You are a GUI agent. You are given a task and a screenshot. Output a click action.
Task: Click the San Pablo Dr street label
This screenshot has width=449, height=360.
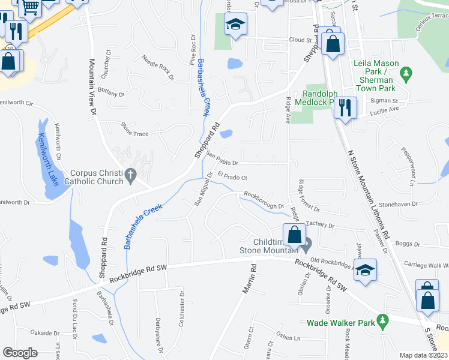[223, 158]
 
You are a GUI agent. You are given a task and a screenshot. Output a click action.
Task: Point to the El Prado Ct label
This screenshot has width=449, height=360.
[233, 176]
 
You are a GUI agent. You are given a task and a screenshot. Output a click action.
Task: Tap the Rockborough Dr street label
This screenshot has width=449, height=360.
[264, 200]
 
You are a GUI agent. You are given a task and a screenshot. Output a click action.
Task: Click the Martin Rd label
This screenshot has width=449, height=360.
[250, 280]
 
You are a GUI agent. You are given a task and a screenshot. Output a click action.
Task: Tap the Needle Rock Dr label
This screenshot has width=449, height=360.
[157, 68]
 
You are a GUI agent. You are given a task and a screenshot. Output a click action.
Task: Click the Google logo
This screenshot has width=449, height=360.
[20, 352]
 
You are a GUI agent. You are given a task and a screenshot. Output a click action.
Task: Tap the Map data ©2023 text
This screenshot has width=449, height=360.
[424, 355]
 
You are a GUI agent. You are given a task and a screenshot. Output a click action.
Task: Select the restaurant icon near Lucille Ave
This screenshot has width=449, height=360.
[345, 108]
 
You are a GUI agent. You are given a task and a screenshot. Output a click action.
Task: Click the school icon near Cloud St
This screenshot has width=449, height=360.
[236, 25]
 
